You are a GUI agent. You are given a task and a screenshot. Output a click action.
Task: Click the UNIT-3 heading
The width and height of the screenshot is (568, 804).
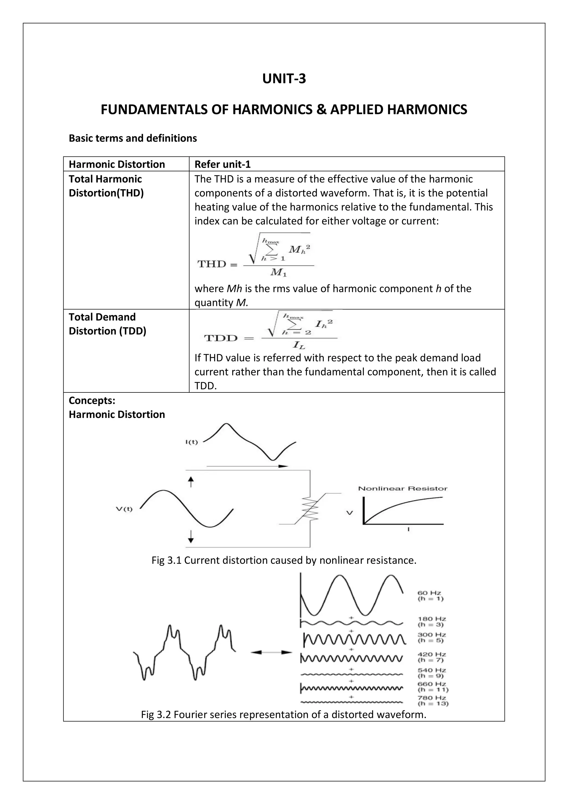[284, 79]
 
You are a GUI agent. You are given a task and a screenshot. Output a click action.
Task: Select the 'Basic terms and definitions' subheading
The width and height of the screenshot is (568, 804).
[133, 138]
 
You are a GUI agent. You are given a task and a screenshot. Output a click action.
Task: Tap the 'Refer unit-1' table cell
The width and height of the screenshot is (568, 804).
[223, 164]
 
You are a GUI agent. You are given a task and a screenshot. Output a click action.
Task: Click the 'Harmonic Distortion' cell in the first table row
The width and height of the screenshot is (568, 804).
[116, 164]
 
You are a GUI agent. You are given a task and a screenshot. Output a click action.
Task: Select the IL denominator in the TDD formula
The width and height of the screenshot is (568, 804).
[299, 346]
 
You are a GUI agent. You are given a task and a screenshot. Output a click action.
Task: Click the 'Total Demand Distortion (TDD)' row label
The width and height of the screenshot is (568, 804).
[107, 324]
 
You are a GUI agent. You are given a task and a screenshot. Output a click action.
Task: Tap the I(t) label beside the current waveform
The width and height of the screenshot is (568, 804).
[191, 442]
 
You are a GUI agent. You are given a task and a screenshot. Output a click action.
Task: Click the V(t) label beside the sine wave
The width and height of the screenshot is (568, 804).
[124, 509]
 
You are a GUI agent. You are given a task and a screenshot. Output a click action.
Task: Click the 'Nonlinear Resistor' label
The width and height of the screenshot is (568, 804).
[402, 488]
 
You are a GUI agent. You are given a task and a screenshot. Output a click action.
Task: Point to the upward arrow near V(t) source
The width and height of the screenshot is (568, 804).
[191, 482]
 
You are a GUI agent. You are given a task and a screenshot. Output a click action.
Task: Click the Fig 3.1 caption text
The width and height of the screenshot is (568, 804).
[284, 560]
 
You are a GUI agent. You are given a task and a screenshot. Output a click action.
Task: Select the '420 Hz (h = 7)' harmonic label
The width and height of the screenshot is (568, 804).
[432, 657]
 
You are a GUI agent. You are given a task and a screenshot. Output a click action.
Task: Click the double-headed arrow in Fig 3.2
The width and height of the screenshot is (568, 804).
[271, 652]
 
